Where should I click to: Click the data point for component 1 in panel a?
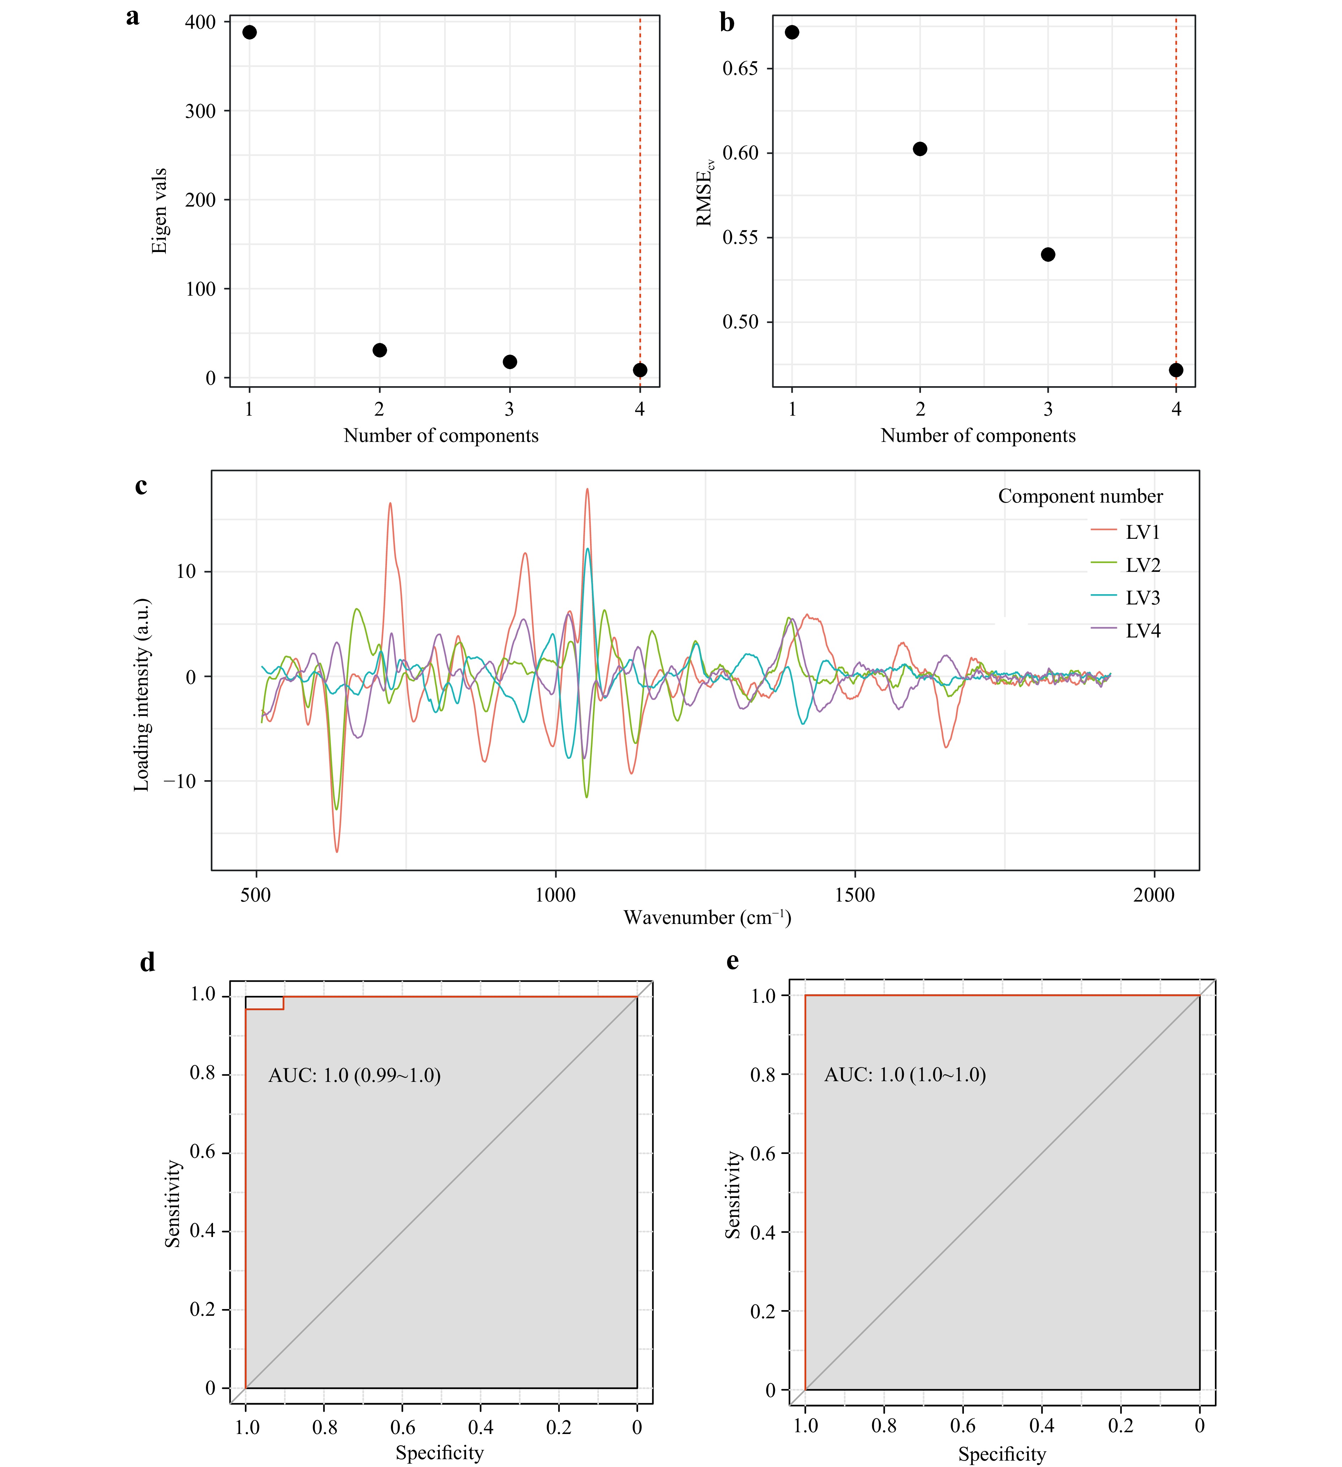[250, 32]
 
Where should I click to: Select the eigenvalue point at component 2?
[379, 350]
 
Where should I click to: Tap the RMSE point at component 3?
[1048, 254]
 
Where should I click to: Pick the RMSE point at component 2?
[920, 148]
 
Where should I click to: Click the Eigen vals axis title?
[159, 211]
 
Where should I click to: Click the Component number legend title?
[1080, 496]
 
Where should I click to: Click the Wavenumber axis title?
[707, 918]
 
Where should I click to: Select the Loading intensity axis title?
[142, 695]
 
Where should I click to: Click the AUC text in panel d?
[354, 1075]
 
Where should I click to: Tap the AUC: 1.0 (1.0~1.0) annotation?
[905, 1075]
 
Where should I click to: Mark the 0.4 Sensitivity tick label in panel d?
[202, 1231]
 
